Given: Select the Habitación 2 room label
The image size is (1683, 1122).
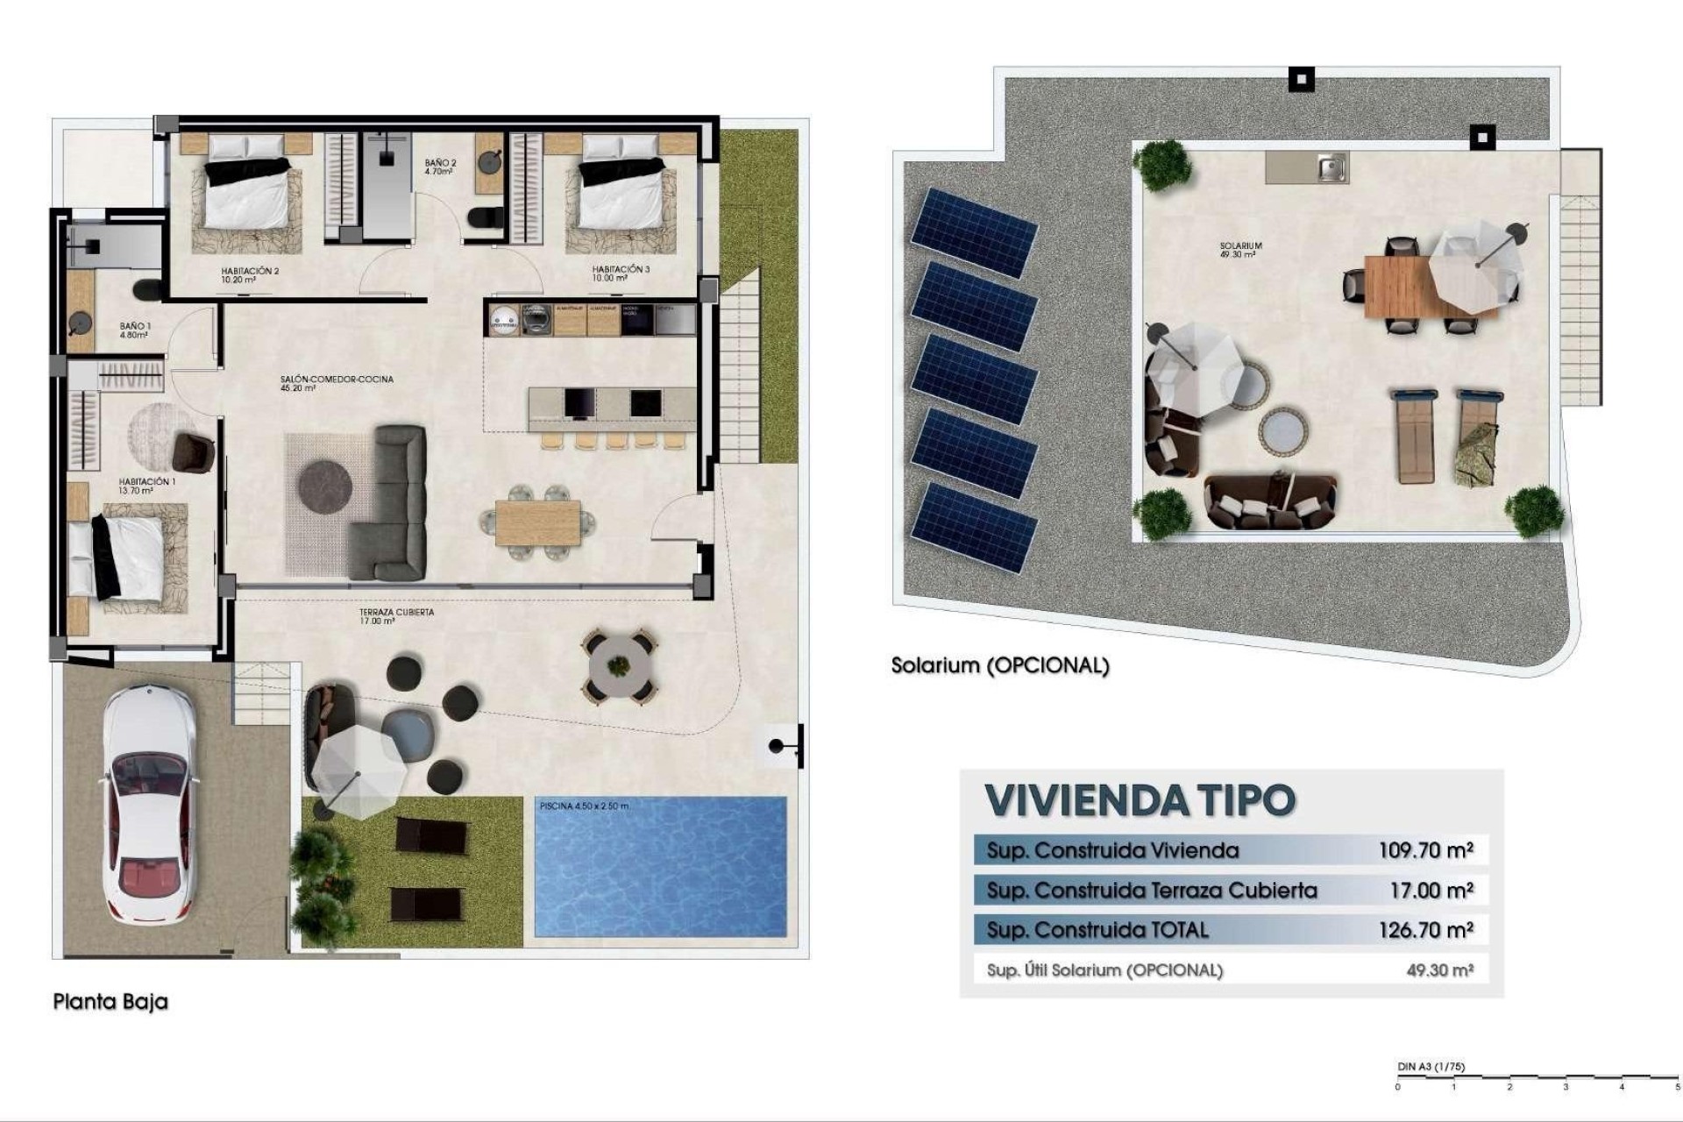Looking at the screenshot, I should coord(250,275).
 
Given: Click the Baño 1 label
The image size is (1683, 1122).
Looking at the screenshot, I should coord(134,330).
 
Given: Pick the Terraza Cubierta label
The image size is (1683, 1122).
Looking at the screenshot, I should coord(396,616).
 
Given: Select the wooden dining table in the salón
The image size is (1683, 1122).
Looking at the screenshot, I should coord(537,522).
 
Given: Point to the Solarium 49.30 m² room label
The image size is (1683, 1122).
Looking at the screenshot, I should coord(1239,250).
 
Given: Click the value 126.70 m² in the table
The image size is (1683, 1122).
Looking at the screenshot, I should coord(1425,929).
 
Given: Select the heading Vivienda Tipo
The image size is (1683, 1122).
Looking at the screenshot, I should coord(1140,799).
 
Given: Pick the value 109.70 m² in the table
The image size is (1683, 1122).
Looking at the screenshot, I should coord(1425,849).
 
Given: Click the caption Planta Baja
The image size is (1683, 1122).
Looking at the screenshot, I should coord(110,1002).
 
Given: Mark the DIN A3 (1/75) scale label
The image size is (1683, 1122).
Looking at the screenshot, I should coord(1431,1067).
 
